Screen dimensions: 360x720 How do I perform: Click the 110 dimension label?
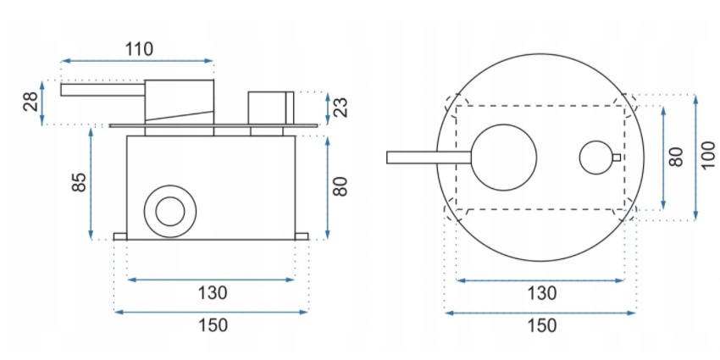pyautogui.click(x=139, y=48)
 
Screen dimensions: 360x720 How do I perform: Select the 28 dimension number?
pyautogui.click(x=30, y=102)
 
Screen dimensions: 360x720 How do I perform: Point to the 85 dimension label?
pyautogui.click(x=79, y=182)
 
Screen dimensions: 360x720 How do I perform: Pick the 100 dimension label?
pyautogui.click(x=707, y=157)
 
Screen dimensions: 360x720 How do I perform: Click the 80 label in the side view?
pyautogui.click(x=340, y=185)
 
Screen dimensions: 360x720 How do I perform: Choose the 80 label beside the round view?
pyautogui.click(x=675, y=157)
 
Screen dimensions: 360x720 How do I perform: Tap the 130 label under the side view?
pyautogui.click(x=212, y=293)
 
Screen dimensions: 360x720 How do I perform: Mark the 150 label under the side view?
pyautogui.click(x=212, y=325)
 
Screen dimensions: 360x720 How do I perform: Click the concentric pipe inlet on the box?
pyautogui.click(x=169, y=210)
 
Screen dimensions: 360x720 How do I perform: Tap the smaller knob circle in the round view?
pyautogui.click(x=596, y=158)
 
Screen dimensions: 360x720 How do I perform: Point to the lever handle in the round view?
pyautogui.click(x=428, y=157)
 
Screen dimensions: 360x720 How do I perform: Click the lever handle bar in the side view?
pyautogui.click(x=102, y=89)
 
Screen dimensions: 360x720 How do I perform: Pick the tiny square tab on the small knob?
pyautogui.click(x=616, y=158)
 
